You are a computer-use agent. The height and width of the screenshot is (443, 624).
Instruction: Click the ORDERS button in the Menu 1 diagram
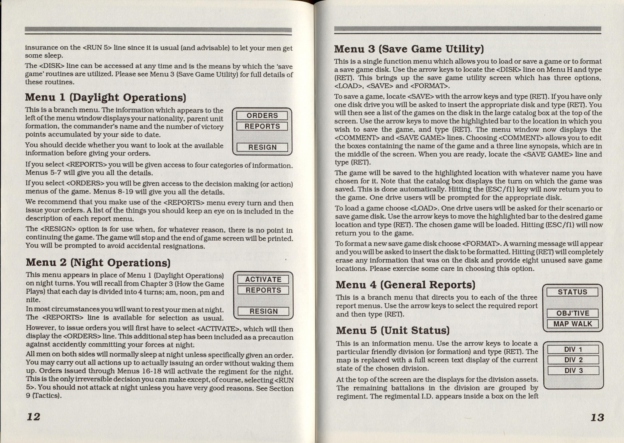coord(262,116)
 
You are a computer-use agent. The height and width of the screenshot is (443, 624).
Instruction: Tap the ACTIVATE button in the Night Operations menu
coord(263,280)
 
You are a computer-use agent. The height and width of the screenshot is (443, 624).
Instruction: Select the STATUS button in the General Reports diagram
coord(572,292)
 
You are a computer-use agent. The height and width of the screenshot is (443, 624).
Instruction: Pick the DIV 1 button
coord(573,349)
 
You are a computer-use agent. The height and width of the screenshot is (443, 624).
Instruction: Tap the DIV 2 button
coord(573,360)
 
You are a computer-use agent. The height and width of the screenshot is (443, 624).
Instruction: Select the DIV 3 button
coord(573,371)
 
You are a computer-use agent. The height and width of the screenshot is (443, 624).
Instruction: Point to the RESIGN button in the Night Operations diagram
coord(263,311)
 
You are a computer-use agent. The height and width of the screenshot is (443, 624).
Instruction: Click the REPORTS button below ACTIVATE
coord(263,290)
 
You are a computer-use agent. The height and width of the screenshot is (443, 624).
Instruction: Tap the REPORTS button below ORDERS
coord(262,126)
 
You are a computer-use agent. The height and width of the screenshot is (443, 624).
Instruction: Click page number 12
coord(34,416)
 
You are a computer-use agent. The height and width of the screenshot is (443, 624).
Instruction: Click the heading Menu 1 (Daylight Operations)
coord(105,97)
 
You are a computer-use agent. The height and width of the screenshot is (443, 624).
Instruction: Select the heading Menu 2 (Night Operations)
coord(98,262)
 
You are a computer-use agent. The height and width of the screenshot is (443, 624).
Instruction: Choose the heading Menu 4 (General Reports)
coord(405,285)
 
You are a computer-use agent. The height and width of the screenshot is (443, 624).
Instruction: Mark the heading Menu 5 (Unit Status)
coord(393,330)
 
